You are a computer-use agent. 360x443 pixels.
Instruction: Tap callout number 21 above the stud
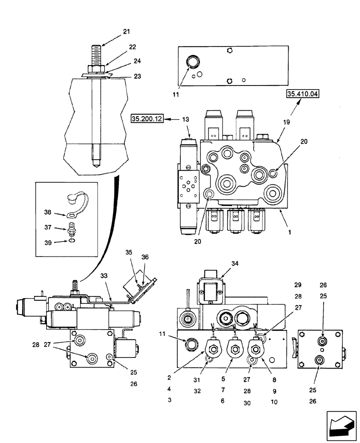click(126, 31)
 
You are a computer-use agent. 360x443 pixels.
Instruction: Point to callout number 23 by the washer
click(137, 76)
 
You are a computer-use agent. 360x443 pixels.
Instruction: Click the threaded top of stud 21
click(96, 54)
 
